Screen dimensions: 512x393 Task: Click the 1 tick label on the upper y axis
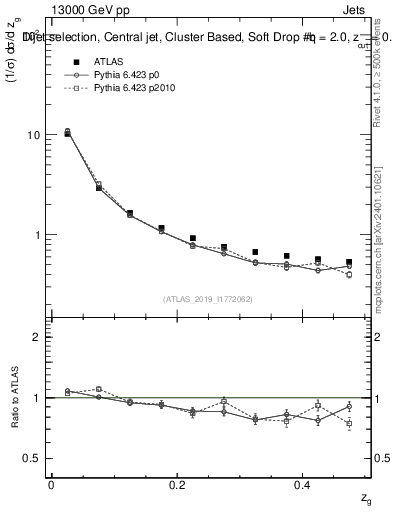pos(37,236)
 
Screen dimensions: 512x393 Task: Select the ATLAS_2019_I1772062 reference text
pos(208,299)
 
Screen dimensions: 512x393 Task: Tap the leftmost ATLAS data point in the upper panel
pos(67,132)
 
